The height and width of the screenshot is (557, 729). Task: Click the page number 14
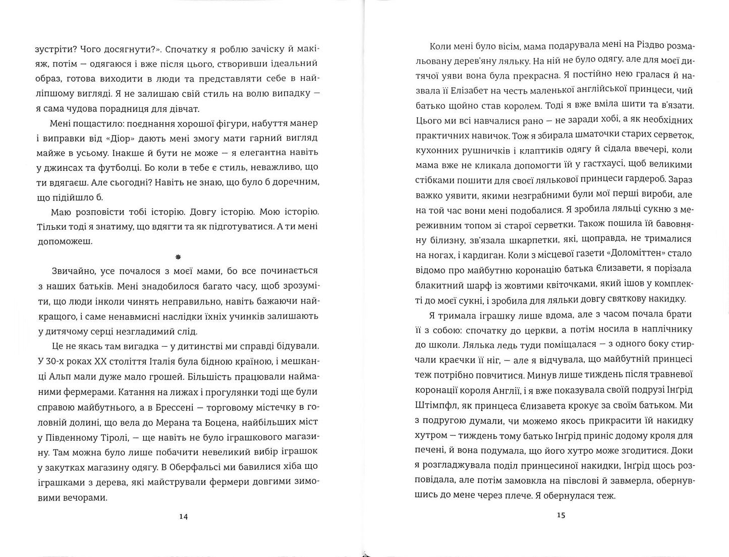183,516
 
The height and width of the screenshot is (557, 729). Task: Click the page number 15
561,515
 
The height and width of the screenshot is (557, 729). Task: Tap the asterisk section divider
178,257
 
